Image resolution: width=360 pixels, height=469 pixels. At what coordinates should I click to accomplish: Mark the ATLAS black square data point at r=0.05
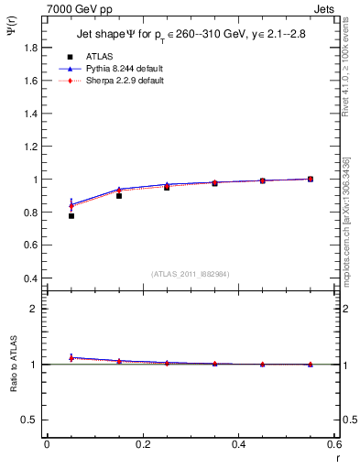tap(71, 216)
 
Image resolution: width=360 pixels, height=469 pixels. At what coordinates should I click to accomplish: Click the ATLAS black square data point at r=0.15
tap(119, 196)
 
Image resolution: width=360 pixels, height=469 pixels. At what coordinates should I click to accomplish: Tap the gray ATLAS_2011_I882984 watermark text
tap(190, 273)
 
